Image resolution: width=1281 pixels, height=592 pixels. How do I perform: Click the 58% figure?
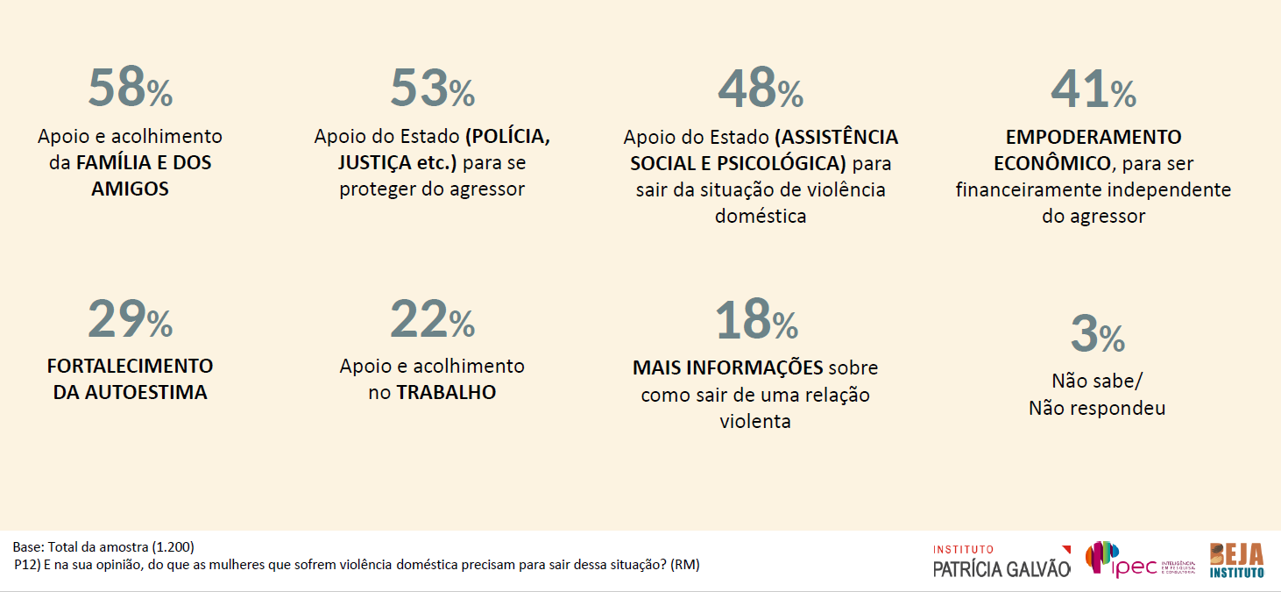click(130, 88)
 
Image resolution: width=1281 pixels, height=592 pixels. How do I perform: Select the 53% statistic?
click(432, 88)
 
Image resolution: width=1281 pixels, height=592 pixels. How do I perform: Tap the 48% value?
click(760, 88)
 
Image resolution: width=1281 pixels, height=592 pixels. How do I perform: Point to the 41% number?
click(1093, 88)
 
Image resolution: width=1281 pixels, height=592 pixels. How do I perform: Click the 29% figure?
click(130, 319)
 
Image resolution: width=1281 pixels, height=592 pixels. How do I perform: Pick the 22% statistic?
click(432, 319)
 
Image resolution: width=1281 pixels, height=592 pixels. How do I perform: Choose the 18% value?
click(756, 319)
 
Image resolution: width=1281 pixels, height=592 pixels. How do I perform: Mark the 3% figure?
click(1097, 333)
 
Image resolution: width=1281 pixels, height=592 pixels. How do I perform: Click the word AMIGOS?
click(130, 189)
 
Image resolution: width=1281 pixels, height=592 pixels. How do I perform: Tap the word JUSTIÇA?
click(373, 163)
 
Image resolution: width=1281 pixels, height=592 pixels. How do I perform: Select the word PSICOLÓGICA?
click(780, 164)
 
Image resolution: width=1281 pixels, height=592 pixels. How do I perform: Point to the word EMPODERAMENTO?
click(1093, 138)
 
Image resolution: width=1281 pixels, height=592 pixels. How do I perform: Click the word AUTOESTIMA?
click(146, 392)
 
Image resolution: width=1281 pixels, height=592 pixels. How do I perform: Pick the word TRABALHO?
click(446, 392)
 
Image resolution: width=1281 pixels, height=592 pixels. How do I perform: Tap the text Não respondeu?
click(1097, 408)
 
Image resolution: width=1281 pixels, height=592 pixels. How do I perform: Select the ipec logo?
click(1126, 560)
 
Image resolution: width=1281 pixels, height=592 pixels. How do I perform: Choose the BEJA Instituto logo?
click(1236, 560)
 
